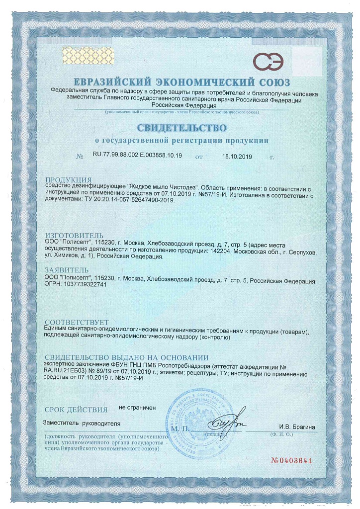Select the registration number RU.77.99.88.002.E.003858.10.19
click(x=137, y=156)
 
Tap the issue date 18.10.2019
click(x=237, y=156)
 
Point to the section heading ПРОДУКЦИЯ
click(x=68, y=179)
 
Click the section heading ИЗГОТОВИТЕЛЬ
click(x=75, y=235)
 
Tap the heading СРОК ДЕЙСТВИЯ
click(x=76, y=410)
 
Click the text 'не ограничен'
click(x=137, y=408)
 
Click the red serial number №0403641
click(x=291, y=460)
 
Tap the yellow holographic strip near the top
click(x=80, y=54)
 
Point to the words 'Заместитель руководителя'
click(x=82, y=424)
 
